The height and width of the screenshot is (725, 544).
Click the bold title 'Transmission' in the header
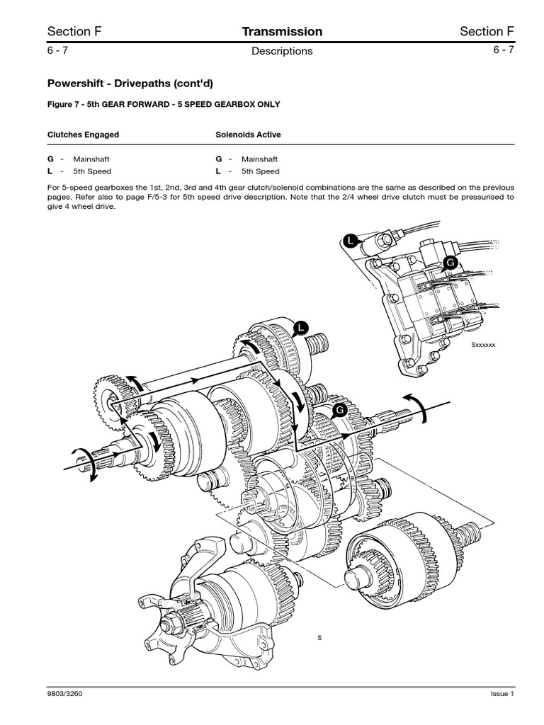[282, 31]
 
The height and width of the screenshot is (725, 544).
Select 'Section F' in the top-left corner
[69, 31]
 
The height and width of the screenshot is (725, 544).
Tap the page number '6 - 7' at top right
[499, 50]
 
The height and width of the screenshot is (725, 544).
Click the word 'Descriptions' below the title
[282, 51]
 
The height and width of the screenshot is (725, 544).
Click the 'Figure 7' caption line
[164, 104]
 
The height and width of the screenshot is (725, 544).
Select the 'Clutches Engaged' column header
[83, 134]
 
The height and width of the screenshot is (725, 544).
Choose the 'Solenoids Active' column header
[247, 134]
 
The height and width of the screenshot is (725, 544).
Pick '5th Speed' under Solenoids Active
[260, 171]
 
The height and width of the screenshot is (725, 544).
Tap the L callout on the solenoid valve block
[348, 242]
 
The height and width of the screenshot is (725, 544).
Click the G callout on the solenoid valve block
[448, 263]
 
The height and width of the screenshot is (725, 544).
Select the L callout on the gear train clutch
[300, 326]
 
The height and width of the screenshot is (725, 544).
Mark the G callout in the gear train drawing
[339, 410]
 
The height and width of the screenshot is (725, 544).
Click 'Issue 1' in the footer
[501, 695]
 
